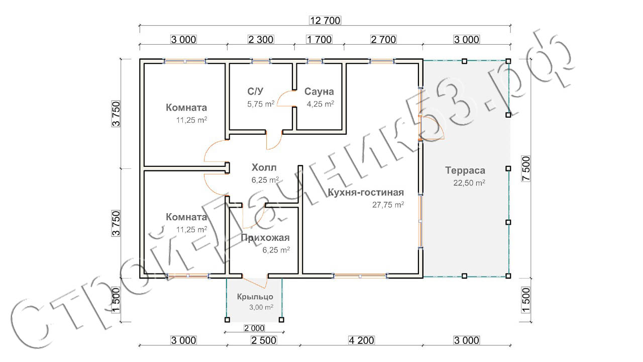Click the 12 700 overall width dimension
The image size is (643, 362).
click(x=325, y=21)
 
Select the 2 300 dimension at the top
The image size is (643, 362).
click(x=261, y=39)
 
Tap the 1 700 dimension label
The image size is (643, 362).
click(x=319, y=39)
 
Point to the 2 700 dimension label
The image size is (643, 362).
click(x=383, y=39)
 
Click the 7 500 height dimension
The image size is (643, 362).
click(x=526, y=168)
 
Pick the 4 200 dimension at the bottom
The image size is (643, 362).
click(x=361, y=340)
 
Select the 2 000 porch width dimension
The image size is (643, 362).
click(x=254, y=328)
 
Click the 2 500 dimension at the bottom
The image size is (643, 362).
click(x=264, y=340)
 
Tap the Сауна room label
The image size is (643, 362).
click(x=319, y=92)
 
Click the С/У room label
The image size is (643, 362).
click(x=255, y=92)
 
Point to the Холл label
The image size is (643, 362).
click(x=264, y=167)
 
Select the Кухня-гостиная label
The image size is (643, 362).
click(x=366, y=192)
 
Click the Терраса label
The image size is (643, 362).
click(x=465, y=170)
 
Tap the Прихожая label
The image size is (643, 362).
click(x=265, y=238)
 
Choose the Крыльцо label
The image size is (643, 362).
click(x=255, y=297)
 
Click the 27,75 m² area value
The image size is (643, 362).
click(x=388, y=205)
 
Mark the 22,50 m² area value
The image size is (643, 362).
click(x=469, y=183)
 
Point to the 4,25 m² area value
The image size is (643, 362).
click(x=320, y=104)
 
